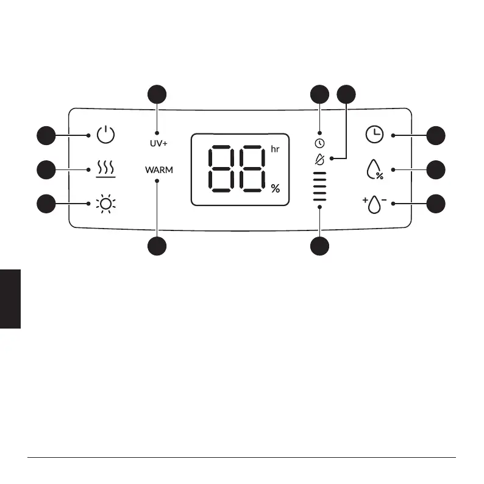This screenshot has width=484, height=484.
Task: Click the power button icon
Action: coord(105,134)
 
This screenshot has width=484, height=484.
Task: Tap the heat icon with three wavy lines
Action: coord(105,169)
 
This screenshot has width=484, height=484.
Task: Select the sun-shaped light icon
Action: coord(106,204)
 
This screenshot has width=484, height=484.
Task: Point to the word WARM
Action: coord(159,170)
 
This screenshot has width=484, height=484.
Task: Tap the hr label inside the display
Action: coord(275,148)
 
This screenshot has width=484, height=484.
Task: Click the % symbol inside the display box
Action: coord(276,189)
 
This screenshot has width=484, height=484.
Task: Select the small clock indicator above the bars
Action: coord(319,143)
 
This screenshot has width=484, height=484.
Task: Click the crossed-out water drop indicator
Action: coord(319,158)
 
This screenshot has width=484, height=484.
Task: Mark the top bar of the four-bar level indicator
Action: coord(319,174)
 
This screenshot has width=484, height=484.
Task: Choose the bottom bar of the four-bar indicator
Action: coord(319,198)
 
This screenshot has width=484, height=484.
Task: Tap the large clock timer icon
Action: coord(374,135)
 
